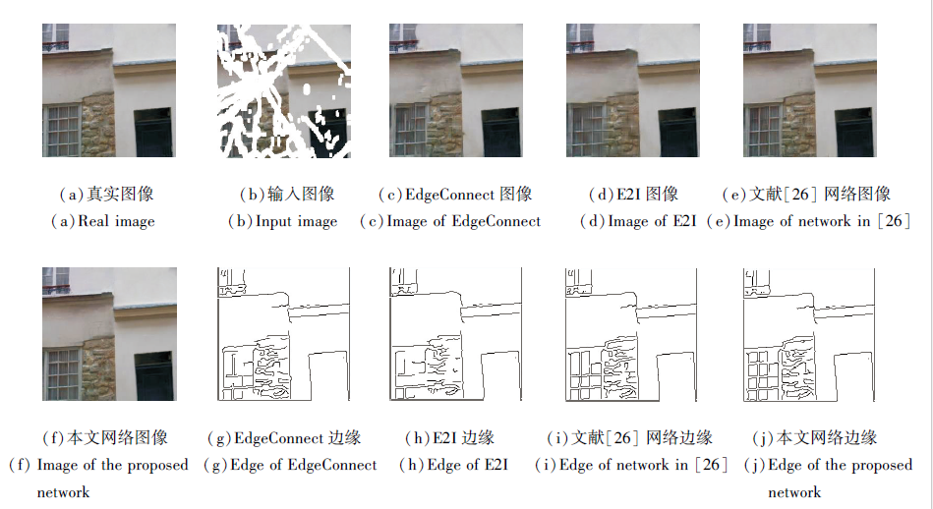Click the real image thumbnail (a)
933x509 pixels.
(x=109, y=90)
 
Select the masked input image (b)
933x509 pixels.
(x=284, y=90)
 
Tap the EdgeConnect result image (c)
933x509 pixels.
(x=456, y=90)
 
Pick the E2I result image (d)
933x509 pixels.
(x=632, y=90)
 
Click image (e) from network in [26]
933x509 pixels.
(x=810, y=90)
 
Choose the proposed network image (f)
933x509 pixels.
(x=109, y=334)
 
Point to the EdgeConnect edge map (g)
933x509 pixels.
(x=284, y=334)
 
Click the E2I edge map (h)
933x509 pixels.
(x=456, y=334)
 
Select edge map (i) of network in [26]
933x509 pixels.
(x=631, y=334)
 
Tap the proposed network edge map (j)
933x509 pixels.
(x=809, y=334)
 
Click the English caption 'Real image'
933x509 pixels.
(x=116, y=222)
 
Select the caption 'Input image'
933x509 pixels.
(x=296, y=222)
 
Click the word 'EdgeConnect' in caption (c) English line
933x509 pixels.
(x=496, y=222)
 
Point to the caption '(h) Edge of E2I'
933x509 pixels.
(x=453, y=465)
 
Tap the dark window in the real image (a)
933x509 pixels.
(x=153, y=133)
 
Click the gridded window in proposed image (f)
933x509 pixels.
(x=62, y=374)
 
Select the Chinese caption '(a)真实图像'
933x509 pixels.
(x=106, y=194)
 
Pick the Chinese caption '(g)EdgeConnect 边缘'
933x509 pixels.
(x=284, y=438)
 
